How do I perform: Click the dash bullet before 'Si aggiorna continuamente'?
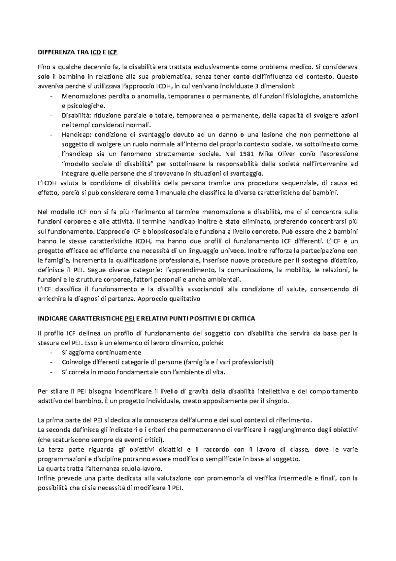tap(51, 353)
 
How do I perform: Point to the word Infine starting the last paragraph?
tap(46, 478)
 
